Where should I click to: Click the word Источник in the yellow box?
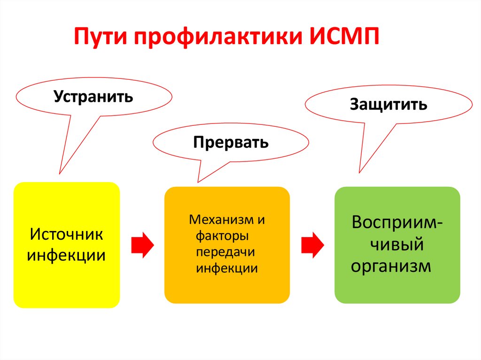66,234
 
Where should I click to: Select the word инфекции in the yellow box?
66,256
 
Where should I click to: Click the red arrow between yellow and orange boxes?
142,245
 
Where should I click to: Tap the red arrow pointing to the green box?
312,245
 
